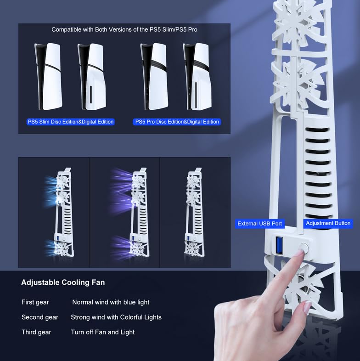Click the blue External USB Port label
tap(259, 224)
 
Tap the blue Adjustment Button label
tap(328, 223)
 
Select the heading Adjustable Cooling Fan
tap(63, 282)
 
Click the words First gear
tap(35, 302)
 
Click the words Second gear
tap(40, 317)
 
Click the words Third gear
tap(36, 332)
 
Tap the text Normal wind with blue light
tap(111, 302)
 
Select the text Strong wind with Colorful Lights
tap(116, 317)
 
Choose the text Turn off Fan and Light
tap(103, 332)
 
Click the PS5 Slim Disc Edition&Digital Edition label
tap(71, 122)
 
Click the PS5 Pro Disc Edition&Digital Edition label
tap(177, 122)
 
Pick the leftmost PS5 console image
tap(48, 76)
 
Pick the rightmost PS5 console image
tap(197, 76)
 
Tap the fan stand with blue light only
tap(63, 212)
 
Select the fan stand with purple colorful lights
tap(136, 212)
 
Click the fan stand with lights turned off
tap(195, 212)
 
